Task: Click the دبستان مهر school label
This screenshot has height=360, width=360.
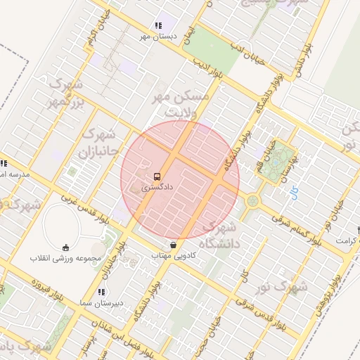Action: tap(156, 36)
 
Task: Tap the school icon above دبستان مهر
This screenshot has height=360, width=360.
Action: tap(157, 25)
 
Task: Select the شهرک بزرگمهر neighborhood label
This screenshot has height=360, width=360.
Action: tap(62, 94)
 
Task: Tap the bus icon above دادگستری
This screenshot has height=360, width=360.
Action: tap(156, 177)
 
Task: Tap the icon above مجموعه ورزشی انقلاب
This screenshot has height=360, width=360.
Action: tap(66, 247)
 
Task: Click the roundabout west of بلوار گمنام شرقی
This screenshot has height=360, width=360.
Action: tap(252, 202)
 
